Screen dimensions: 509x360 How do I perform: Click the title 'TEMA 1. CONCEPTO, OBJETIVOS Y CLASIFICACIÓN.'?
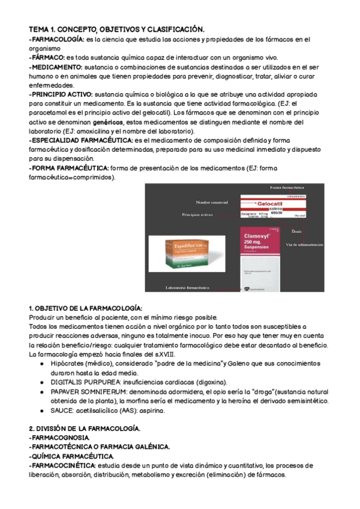117,29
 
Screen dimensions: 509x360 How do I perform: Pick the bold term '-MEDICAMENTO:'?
56,67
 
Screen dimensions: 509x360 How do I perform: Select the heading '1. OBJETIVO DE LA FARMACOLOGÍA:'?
86,307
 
